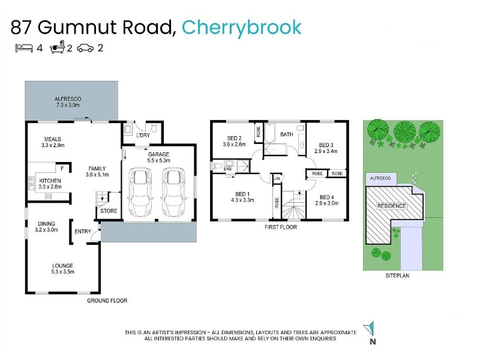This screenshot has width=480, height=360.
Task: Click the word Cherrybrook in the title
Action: coord(241,27)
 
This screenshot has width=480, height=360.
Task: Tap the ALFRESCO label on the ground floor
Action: coord(68,98)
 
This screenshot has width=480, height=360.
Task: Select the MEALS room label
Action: coord(53,139)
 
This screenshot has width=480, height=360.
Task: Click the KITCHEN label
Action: coord(50,181)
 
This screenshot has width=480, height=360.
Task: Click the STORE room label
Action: coord(109,211)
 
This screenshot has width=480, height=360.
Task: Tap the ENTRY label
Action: coord(82,232)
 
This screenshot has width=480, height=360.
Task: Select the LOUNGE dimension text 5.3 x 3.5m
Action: coord(62,272)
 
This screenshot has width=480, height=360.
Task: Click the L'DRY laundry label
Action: coord(143,135)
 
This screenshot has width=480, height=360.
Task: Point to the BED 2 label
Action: coord(234,137)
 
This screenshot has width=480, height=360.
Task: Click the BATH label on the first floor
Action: coord(286,134)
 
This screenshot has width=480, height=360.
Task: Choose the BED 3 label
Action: coord(326,145)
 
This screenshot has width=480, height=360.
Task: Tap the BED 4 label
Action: coord(326,197)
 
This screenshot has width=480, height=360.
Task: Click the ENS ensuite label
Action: coord(228,169)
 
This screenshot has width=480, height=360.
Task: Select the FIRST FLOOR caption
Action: coord(281,227)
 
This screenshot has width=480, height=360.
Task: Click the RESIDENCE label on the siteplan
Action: coord(391,206)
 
